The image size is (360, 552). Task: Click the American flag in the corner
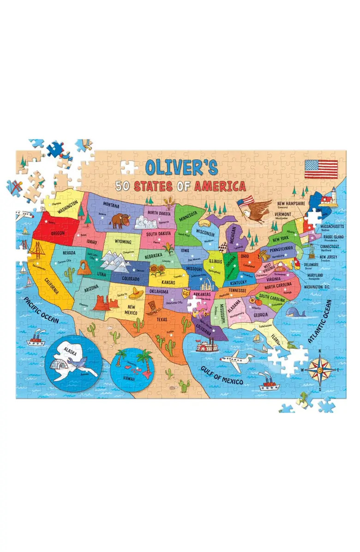coord(321,169)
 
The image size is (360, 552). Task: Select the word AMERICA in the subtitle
coord(220,186)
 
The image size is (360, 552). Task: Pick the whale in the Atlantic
coord(295,313)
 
